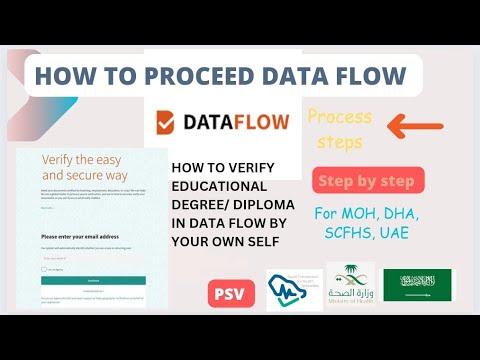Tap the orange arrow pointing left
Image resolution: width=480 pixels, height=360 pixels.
[x=414, y=126]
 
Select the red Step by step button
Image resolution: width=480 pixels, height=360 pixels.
[x=369, y=181]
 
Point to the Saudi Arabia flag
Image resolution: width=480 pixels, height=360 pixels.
[x=419, y=287]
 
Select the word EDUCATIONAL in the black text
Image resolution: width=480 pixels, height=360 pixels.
[x=219, y=186]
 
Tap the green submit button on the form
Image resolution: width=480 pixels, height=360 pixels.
[x=93, y=281]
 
